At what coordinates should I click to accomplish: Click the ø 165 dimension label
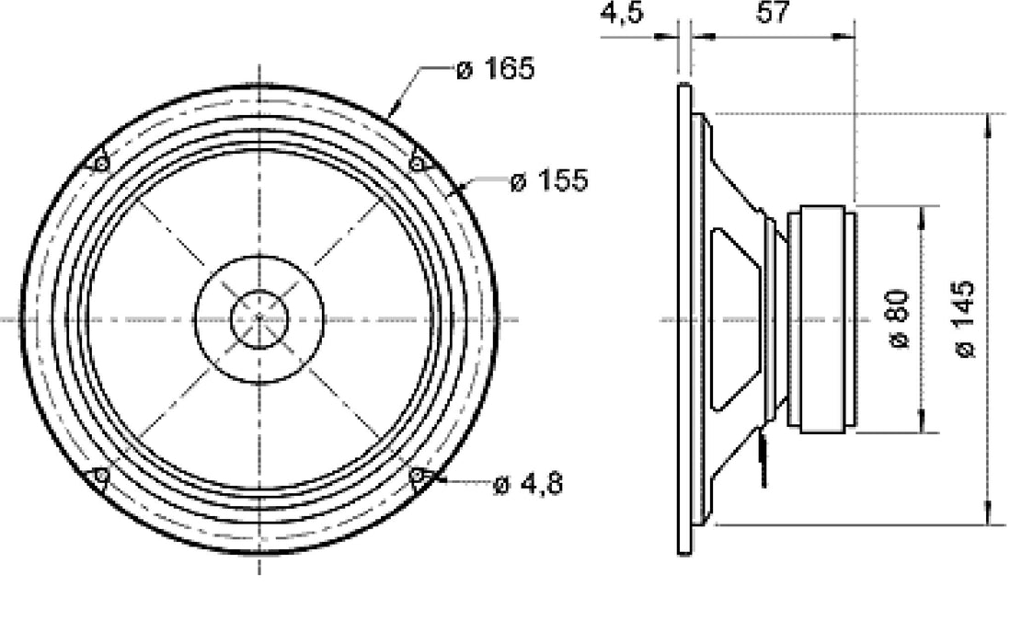(495, 69)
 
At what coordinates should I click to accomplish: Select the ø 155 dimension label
(547, 181)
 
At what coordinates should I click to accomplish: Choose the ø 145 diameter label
(965, 319)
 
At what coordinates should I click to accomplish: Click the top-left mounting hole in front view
(100, 164)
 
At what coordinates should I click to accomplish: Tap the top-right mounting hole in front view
(418, 164)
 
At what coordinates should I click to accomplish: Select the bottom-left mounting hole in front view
(100, 476)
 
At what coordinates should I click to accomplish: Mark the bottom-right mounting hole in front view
(418, 476)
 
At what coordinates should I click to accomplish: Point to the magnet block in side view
(825, 319)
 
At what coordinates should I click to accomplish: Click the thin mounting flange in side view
(683, 319)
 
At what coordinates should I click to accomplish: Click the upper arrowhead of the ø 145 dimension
(990, 120)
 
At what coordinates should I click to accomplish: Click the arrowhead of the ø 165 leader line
(393, 111)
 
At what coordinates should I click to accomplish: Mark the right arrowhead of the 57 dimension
(848, 37)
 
